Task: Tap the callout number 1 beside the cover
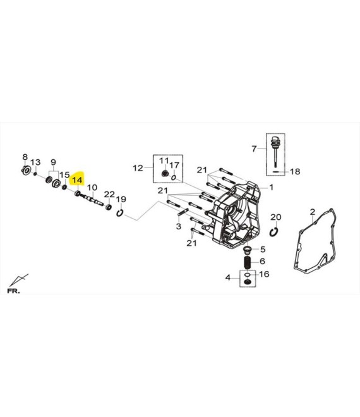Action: click(x=271, y=188)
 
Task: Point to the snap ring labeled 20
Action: click(x=273, y=232)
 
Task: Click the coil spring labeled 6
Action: click(x=248, y=262)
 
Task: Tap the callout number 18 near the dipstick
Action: click(x=295, y=171)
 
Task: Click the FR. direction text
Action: click(x=13, y=291)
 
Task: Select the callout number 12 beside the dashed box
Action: click(x=138, y=168)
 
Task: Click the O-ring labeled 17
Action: click(x=174, y=178)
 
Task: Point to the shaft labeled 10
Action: click(x=92, y=199)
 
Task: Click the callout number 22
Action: click(x=109, y=195)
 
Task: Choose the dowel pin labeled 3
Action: click(x=183, y=212)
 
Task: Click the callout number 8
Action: click(x=25, y=157)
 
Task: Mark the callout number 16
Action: click(x=264, y=274)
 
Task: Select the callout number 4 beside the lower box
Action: click(x=228, y=278)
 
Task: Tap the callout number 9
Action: click(x=54, y=162)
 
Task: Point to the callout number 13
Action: click(x=35, y=162)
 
